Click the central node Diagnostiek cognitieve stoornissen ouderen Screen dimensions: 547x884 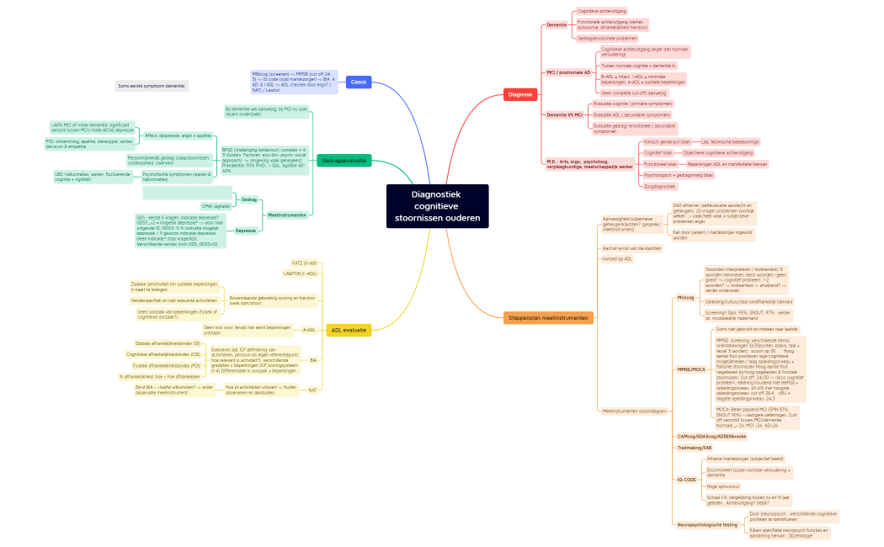(437, 206)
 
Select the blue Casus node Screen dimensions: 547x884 (359, 82)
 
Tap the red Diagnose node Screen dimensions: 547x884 (520, 94)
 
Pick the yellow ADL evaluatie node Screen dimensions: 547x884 (349, 330)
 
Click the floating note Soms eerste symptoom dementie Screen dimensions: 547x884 (152, 86)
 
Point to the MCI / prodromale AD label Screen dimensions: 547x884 (568, 72)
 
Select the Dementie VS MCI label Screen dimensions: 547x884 (564, 114)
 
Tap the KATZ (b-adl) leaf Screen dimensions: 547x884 (304, 263)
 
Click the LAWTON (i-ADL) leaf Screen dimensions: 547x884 (301, 273)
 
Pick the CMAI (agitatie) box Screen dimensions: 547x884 (216, 206)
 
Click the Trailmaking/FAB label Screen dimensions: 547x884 (695, 448)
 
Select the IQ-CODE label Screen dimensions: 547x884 (686, 480)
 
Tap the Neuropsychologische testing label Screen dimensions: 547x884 (707, 524)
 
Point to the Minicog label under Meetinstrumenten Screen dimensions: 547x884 (685, 297)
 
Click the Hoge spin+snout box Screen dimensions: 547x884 (723, 486)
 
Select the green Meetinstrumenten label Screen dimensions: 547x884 (286, 215)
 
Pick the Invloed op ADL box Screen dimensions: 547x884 (616, 259)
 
